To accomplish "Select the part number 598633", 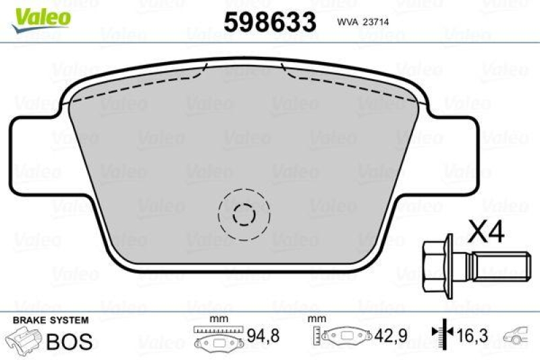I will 270,22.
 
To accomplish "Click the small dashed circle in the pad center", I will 243,215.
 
